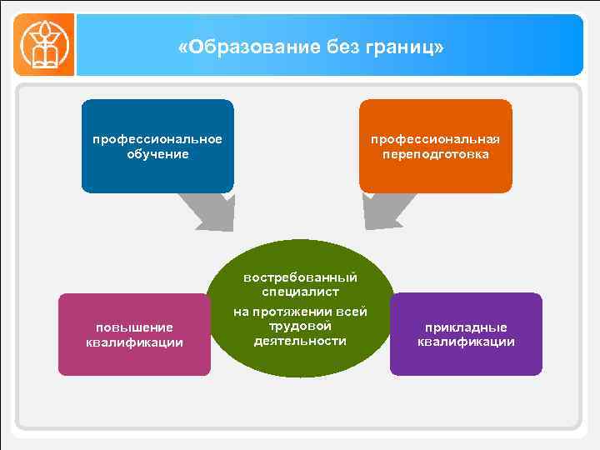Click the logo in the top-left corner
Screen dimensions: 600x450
tap(43, 45)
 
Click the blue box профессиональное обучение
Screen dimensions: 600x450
tap(157, 146)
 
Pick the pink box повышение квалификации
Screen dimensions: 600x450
tap(134, 334)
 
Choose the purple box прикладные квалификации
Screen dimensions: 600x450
tap(466, 333)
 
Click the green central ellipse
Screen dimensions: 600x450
tap(300, 308)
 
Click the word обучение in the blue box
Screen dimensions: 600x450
tap(157, 154)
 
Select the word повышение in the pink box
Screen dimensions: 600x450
tap(134, 327)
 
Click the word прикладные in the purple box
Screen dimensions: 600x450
tap(466, 327)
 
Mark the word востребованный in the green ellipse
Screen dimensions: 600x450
tap(300, 277)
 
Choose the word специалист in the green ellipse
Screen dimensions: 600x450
tap(300, 292)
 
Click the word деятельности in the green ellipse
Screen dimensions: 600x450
tap(300, 341)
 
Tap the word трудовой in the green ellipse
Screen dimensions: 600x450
tap(300, 326)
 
